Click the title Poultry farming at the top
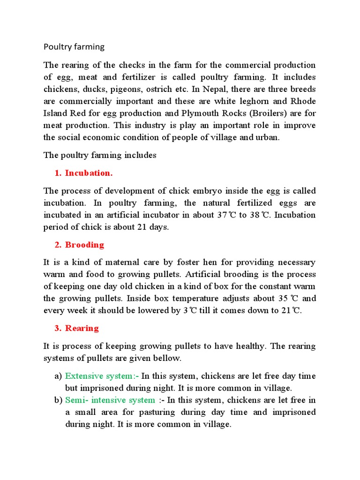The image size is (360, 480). pyautogui.click(x=74, y=46)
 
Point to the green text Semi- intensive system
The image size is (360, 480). pyautogui.click(x=110, y=400)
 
